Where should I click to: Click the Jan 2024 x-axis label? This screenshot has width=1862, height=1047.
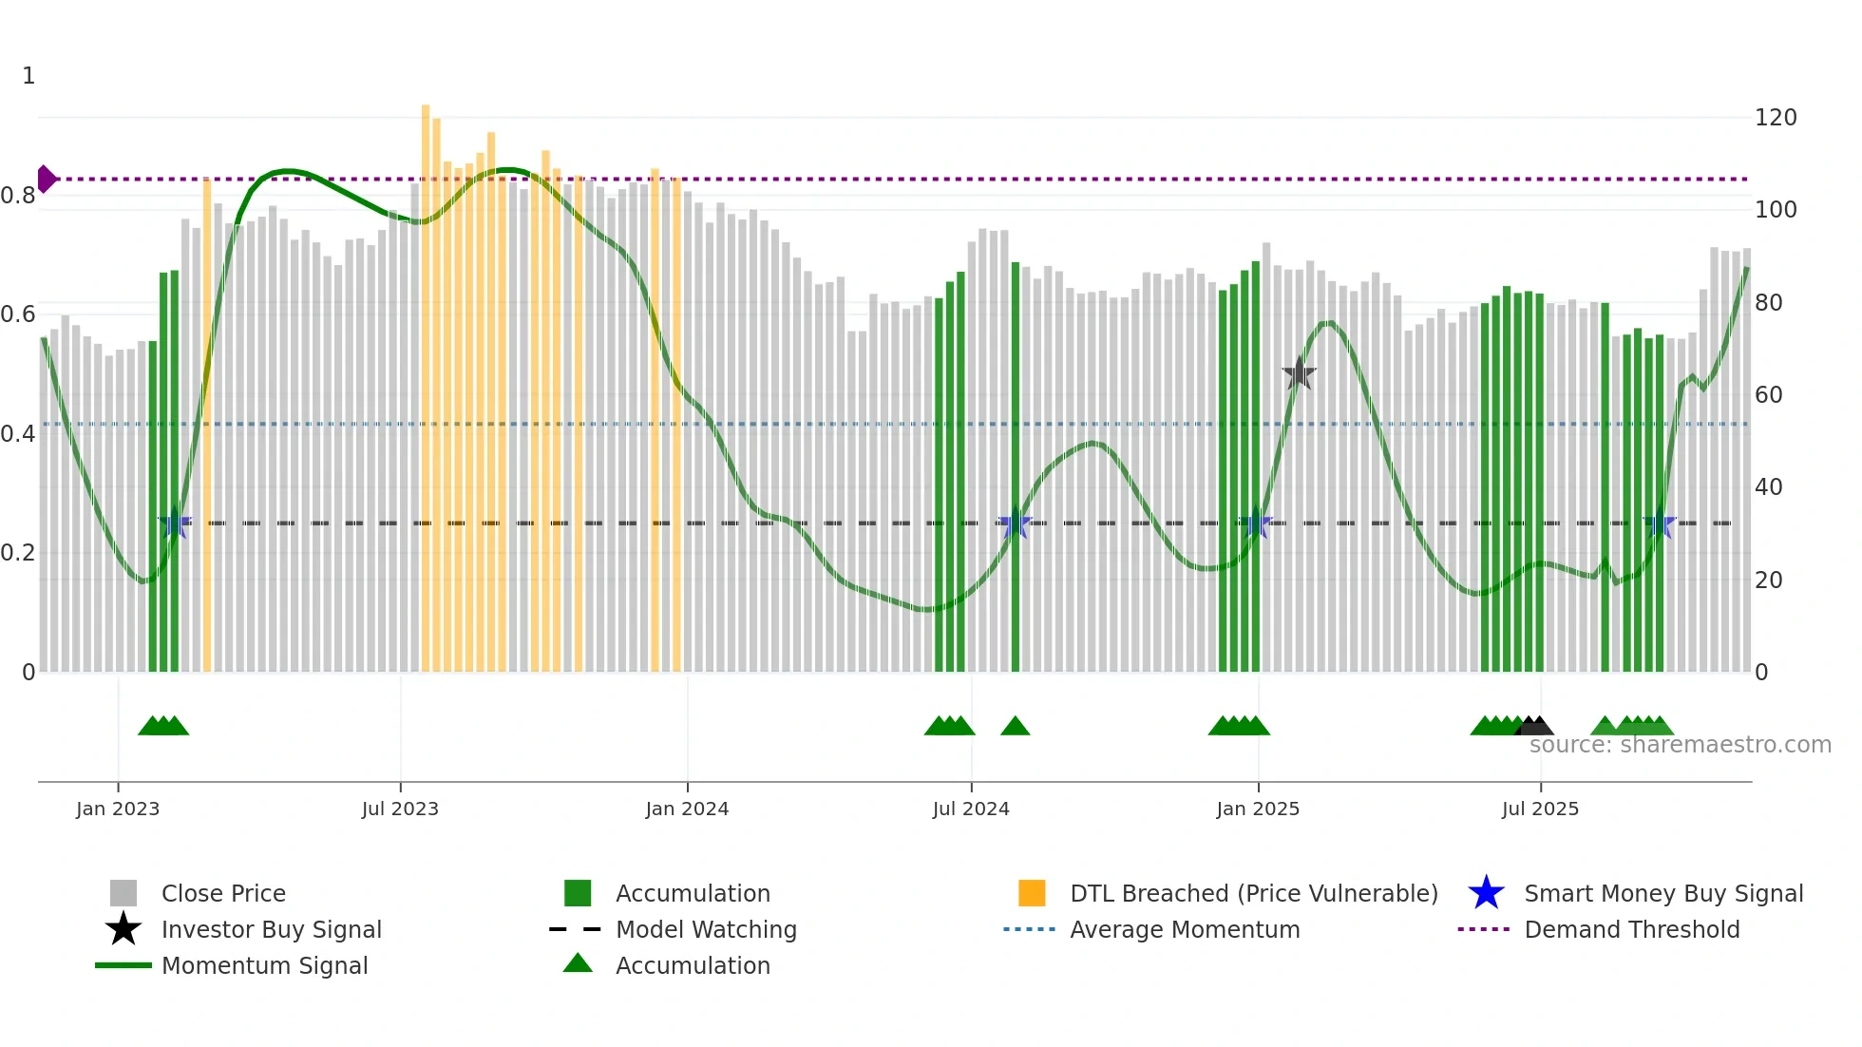tap(687, 809)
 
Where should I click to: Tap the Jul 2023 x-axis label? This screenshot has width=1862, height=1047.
tap(400, 809)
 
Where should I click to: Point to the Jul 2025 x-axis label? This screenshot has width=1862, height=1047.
tap(1540, 809)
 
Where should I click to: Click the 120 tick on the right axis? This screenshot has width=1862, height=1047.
tap(1776, 118)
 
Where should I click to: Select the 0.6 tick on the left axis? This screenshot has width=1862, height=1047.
tap(18, 314)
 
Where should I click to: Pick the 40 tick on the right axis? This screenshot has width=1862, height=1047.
tap(1769, 487)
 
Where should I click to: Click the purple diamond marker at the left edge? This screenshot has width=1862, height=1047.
tap(46, 179)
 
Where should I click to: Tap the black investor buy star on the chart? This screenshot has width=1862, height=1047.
tap(1299, 374)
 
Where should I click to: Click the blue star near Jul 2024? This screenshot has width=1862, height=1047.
tap(1016, 523)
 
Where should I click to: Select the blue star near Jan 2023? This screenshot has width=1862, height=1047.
tap(175, 523)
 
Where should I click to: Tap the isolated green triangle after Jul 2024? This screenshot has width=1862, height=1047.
tap(1016, 727)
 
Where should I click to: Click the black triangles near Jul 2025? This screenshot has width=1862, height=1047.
tap(1533, 727)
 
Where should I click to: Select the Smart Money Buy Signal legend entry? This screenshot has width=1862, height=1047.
tap(1662, 893)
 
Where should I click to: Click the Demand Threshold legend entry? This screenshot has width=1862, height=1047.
tap(1631, 929)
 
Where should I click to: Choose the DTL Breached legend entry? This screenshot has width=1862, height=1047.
tap(1253, 893)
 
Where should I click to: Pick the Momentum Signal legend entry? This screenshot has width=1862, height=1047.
tap(264, 965)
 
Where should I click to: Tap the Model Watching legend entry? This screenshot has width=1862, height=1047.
tap(706, 929)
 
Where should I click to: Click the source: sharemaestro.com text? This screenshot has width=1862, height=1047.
tap(1680, 745)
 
